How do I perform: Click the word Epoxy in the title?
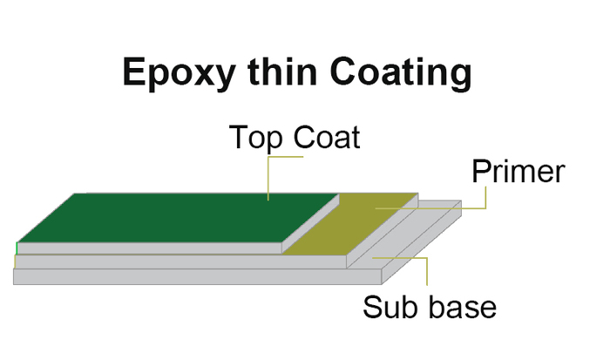pyautogui.click(x=180, y=74)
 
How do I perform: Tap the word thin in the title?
pyautogui.click(x=283, y=71)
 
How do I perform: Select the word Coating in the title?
pyautogui.click(x=401, y=74)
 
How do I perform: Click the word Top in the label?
pyautogui.click(x=255, y=139)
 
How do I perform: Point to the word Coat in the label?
pyautogui.click(x=327, y=137)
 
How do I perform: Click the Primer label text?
pyautogui.click(x=518, y=171)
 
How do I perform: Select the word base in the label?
pyautogui.click(x=463, y=307)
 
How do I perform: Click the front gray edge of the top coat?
pyautogui.click(x=150, y=248)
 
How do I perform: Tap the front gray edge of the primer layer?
pyautogui.click(x=181, y=262)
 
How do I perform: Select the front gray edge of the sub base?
pyautogui.click(x=198, y=276)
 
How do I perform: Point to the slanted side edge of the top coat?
pyautogui.click(x=311, y=224)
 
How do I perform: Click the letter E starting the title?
pyautogui.click(x=134, y=71)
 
